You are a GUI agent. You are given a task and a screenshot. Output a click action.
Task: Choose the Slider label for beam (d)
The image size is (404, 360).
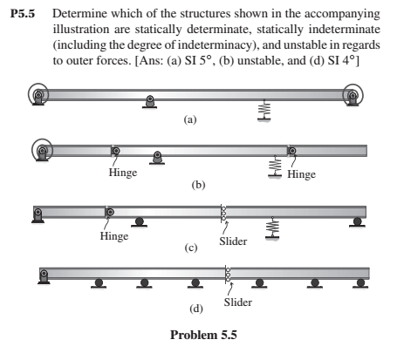(237, 302)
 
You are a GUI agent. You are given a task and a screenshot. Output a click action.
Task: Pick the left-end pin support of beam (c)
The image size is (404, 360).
(38, 214)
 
